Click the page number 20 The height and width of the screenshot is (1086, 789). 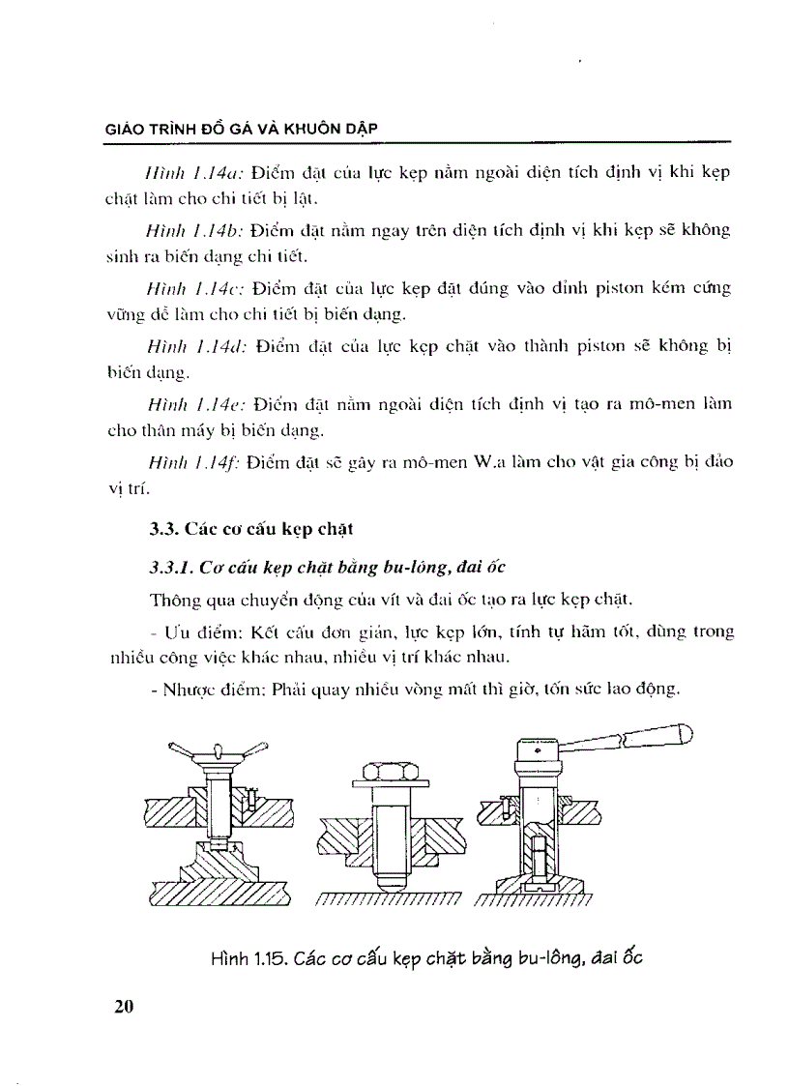[122, 1006]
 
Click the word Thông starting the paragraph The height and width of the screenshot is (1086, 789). [173, 600]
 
